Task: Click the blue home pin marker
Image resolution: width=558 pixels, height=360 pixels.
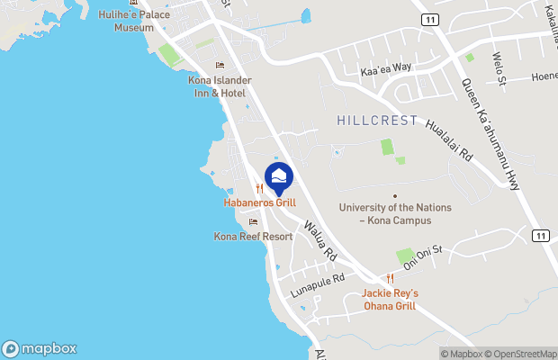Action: tap(279, 178)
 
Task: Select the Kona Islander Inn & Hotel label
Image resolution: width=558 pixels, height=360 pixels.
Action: tap(220, 86)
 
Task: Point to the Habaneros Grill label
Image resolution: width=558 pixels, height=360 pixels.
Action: tap(259, 202)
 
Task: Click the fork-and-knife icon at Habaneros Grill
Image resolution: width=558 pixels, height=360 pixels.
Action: tap(259, 188)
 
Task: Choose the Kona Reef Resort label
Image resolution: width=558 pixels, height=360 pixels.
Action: tap(253, 236)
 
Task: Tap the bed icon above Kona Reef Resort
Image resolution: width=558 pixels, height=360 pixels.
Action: tap(253, 221)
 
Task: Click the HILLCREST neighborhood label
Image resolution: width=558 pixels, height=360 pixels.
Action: tap(377, 120)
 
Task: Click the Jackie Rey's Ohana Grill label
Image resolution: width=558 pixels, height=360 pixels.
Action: tap(390, 299)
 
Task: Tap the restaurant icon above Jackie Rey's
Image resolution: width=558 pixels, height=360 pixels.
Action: tap(390, 279)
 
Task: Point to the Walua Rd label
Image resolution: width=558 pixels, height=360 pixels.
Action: tap(319, 241)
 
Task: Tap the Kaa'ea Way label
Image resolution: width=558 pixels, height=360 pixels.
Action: tap(385, 68)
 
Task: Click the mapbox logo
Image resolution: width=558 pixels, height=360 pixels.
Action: tap(40, 348)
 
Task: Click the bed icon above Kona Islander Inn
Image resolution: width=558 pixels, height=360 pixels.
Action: tap(220, 66)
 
